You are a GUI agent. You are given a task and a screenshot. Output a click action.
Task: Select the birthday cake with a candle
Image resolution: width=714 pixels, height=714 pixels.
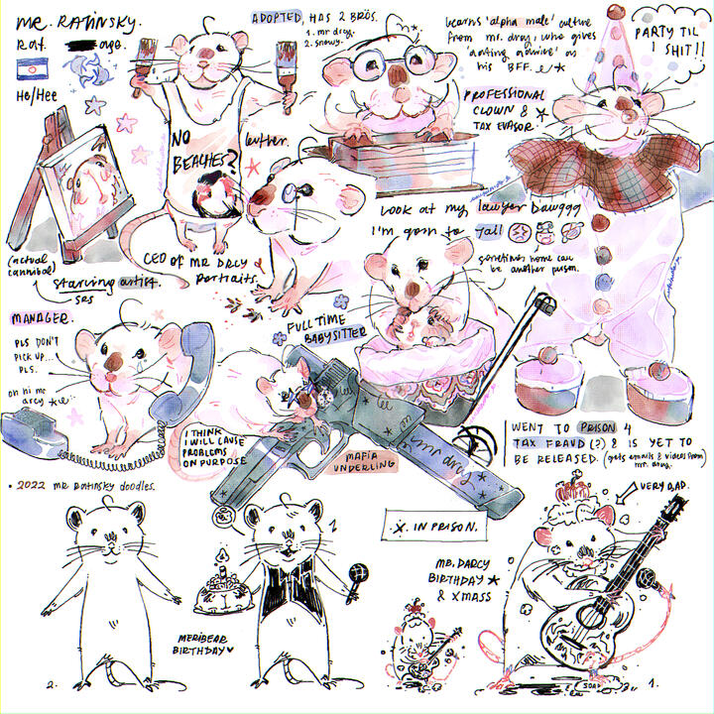click(x=221, y=591)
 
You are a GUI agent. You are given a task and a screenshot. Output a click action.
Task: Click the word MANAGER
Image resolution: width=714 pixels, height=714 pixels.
click(x=41, y=319)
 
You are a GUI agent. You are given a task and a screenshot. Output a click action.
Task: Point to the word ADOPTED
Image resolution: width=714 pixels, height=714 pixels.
click(x=277, y=19)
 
